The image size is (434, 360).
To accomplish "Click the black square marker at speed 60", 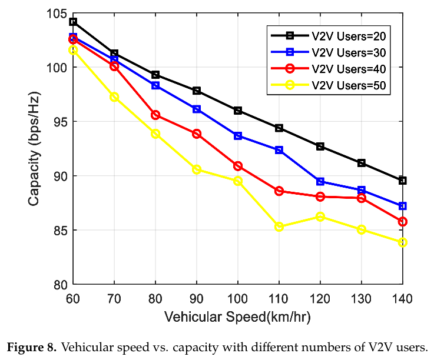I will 73,22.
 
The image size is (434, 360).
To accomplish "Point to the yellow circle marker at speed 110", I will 279,226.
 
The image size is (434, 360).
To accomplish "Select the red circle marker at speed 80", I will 155,115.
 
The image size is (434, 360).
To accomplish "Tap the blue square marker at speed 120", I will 320,181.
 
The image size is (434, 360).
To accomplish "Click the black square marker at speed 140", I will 403,181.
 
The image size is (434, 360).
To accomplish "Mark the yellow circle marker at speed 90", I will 197,169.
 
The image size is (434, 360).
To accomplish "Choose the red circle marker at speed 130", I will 362,198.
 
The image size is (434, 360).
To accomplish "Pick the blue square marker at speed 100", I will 238,136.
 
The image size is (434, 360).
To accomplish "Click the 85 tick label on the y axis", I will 59,231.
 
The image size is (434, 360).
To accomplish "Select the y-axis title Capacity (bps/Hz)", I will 34,149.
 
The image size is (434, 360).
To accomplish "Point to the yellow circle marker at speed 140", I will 403,242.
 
